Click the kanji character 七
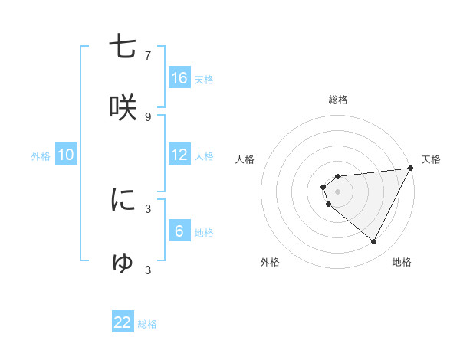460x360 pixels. pos(123,47)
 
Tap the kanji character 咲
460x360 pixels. pos(123,107)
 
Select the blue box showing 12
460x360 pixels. pos(179,155)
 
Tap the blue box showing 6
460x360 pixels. pos(179,231)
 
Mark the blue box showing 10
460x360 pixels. pos(66,155)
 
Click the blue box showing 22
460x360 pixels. pos(123,322)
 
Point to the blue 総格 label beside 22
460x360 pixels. pos(147,324)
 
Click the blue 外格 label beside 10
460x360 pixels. pos(41,156)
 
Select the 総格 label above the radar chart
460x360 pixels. pos(338,100)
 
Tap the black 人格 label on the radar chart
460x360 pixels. pos(245,159)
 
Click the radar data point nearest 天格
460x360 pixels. pos(411,169)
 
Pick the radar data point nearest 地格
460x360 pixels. pos(373,242)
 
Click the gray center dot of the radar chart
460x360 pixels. pos(338,191)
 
